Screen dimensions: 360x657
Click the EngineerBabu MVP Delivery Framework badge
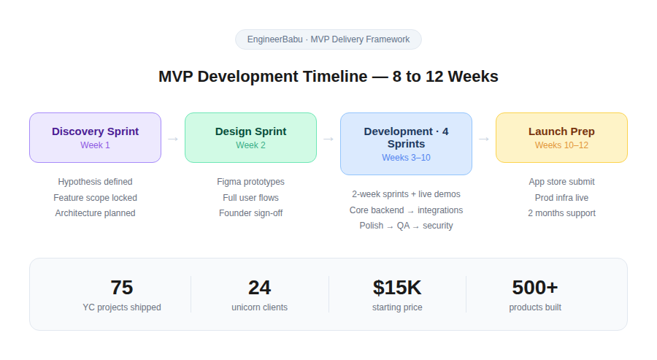pos(328,39)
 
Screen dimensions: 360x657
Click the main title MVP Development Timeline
pos(328,77)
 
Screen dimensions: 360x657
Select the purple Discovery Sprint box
pos(95,137)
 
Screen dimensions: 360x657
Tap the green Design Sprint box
pos(250,137)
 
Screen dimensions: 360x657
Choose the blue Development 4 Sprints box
pos(406,144)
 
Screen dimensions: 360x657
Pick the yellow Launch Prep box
pos(561,137)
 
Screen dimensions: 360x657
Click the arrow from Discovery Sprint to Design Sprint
pos(173,138)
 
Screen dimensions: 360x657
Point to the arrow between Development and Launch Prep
pos(484,138)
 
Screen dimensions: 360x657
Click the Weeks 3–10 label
pos(406,158)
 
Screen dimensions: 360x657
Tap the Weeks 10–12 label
pos(561,145)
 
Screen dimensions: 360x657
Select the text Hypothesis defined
pos(95,182)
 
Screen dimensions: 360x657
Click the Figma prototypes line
pos(250,182)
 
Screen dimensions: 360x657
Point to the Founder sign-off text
pos(250,213)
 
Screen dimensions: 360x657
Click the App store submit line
pos(561,182)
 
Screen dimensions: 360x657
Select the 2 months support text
pos(561,213)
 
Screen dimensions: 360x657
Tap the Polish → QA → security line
pos(406,226)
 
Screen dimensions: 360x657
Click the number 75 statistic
pos(122,288)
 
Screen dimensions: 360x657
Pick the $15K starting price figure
pos(397,288)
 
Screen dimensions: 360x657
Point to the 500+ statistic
pos(535,288)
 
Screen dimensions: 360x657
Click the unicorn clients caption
pos(259,307)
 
